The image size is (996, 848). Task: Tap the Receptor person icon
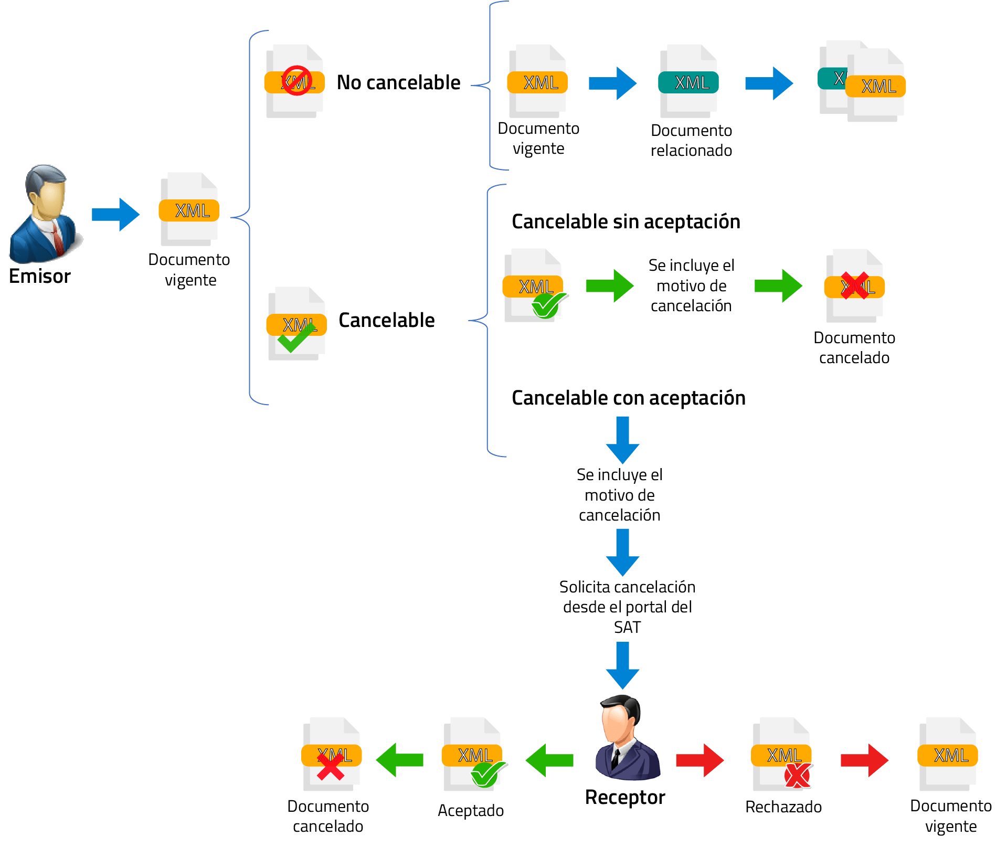(627, 737)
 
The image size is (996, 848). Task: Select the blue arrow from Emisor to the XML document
(115, 214)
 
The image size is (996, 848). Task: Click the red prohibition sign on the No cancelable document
(297, 80)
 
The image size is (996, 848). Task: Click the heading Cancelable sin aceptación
(626, 221)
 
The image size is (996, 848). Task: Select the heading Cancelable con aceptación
(629, 398)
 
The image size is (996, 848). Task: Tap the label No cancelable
(398, 82)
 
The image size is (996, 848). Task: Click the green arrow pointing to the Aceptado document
(549, 760)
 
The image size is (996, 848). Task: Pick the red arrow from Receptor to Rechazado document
(700, 760)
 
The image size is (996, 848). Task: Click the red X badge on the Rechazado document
(798, 775)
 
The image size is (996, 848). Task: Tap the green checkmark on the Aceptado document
(487, 774)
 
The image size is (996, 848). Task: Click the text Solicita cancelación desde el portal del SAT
(627, 607)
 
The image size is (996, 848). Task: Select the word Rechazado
(783, 807)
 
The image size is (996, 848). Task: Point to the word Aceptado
(471, 810)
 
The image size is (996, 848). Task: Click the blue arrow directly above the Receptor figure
(622, 665)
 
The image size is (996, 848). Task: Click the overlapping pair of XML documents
(862, 81)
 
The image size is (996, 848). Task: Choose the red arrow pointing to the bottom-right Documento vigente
(864, 760)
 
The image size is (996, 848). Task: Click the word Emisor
(40, 276)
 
